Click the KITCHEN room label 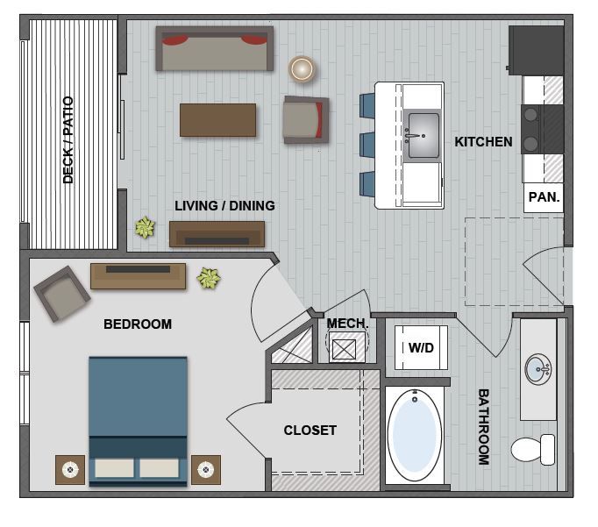[x=483, y=141]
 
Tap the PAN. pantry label [x=544, y=198]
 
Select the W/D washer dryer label [x=421, y=348]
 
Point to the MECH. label [x=347, y=324]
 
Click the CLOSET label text [x=310, y=431]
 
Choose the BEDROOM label [x=138, y=324]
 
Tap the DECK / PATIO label [x=68, y=140]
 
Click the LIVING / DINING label [x=224, y=206]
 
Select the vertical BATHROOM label [x=483, y=426]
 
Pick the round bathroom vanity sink [x=539, y=368]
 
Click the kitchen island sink [x=423, y=135]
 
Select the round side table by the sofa [x=302, y=68]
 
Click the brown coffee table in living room [x=217, y=120]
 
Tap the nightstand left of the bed [x=70, y=469]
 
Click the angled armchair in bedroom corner [x=61, y=294]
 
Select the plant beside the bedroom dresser [x=209, y=279]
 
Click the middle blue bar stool [x=368, y=144]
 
